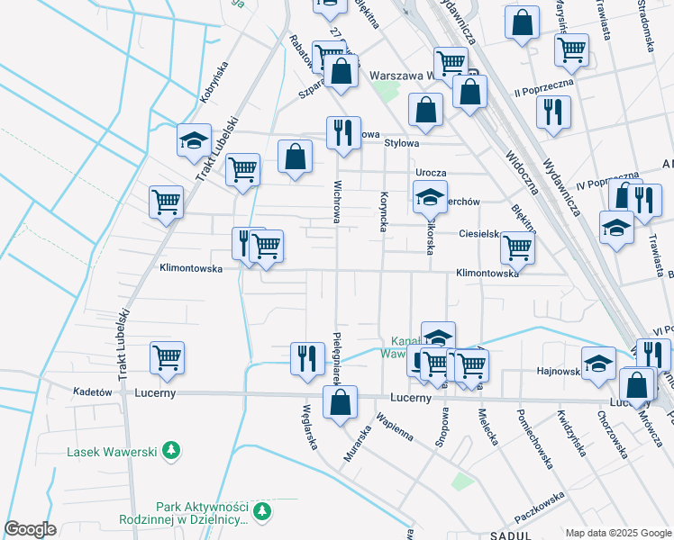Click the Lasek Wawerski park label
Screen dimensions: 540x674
click(x=112, y=450)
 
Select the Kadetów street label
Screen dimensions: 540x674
click(x=92, y=392)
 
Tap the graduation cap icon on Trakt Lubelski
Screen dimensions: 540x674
click(x=194, y=141)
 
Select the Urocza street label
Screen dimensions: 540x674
click(x=432, y=172)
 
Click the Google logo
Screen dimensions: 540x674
click(x=30, y=529)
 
